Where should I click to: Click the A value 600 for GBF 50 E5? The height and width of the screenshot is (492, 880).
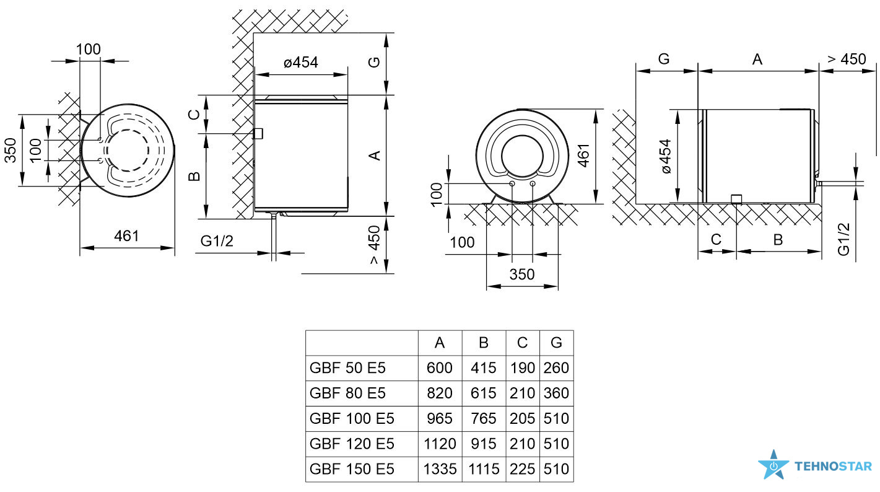(440, 368)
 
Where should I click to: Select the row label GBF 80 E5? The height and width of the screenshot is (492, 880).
(347, 393)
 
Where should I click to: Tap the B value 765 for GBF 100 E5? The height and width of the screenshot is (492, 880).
(484, 418)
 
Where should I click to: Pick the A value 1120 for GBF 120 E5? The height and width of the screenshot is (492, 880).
(440, 444)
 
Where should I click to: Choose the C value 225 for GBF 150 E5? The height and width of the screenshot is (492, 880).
(523, 469)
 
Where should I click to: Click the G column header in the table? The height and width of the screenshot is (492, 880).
(556, 343)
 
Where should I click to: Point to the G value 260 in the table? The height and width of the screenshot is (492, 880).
(556, 368)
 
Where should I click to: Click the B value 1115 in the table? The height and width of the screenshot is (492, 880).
(484, 469)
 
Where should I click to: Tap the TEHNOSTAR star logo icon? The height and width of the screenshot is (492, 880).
(773, 465)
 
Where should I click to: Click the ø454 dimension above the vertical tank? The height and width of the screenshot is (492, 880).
(301, 62)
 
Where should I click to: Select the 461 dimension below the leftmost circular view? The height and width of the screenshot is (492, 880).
(126, 236)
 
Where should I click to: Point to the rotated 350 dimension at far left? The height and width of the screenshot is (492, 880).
(11, 150)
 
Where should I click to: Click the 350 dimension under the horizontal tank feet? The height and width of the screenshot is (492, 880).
(522, 274)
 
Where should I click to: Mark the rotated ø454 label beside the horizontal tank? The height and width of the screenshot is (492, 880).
(666, 156)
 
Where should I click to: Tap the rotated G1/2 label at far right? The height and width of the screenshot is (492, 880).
(844, 240)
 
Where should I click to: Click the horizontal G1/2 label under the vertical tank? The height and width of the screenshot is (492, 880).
(217, 240)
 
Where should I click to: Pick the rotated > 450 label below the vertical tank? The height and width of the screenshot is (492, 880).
(375, 244)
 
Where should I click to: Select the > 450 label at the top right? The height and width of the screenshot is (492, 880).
(847, 59)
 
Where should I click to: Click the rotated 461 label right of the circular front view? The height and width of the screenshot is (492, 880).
(584, 156)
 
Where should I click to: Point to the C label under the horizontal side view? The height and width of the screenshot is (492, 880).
(716, 239)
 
